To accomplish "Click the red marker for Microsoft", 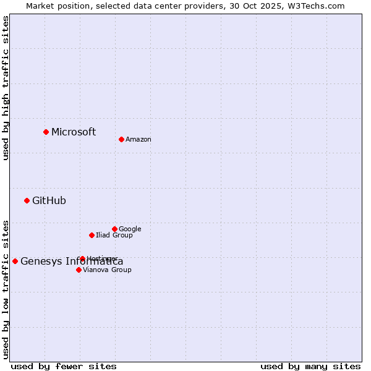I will [46, 132].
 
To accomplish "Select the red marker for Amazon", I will [121, 139].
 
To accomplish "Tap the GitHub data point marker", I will [27, 200].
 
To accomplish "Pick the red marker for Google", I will [114, 229].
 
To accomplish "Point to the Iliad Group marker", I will [92, 235].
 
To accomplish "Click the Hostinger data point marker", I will [82, 258].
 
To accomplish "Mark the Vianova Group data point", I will [79, 270].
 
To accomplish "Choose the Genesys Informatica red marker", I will [15, 261].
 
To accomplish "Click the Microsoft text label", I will [74, 132].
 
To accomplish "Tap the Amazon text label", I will [139, 140].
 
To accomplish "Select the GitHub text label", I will [49, 200].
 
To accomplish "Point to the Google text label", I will [130, 229].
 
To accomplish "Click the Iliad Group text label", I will [114, 236].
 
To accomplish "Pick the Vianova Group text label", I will [107, 270].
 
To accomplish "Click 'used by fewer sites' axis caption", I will [64, 366].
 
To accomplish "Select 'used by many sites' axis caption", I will [310, 366].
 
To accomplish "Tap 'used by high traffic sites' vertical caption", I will [6, 88].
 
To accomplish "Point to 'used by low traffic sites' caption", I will [6, 289].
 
